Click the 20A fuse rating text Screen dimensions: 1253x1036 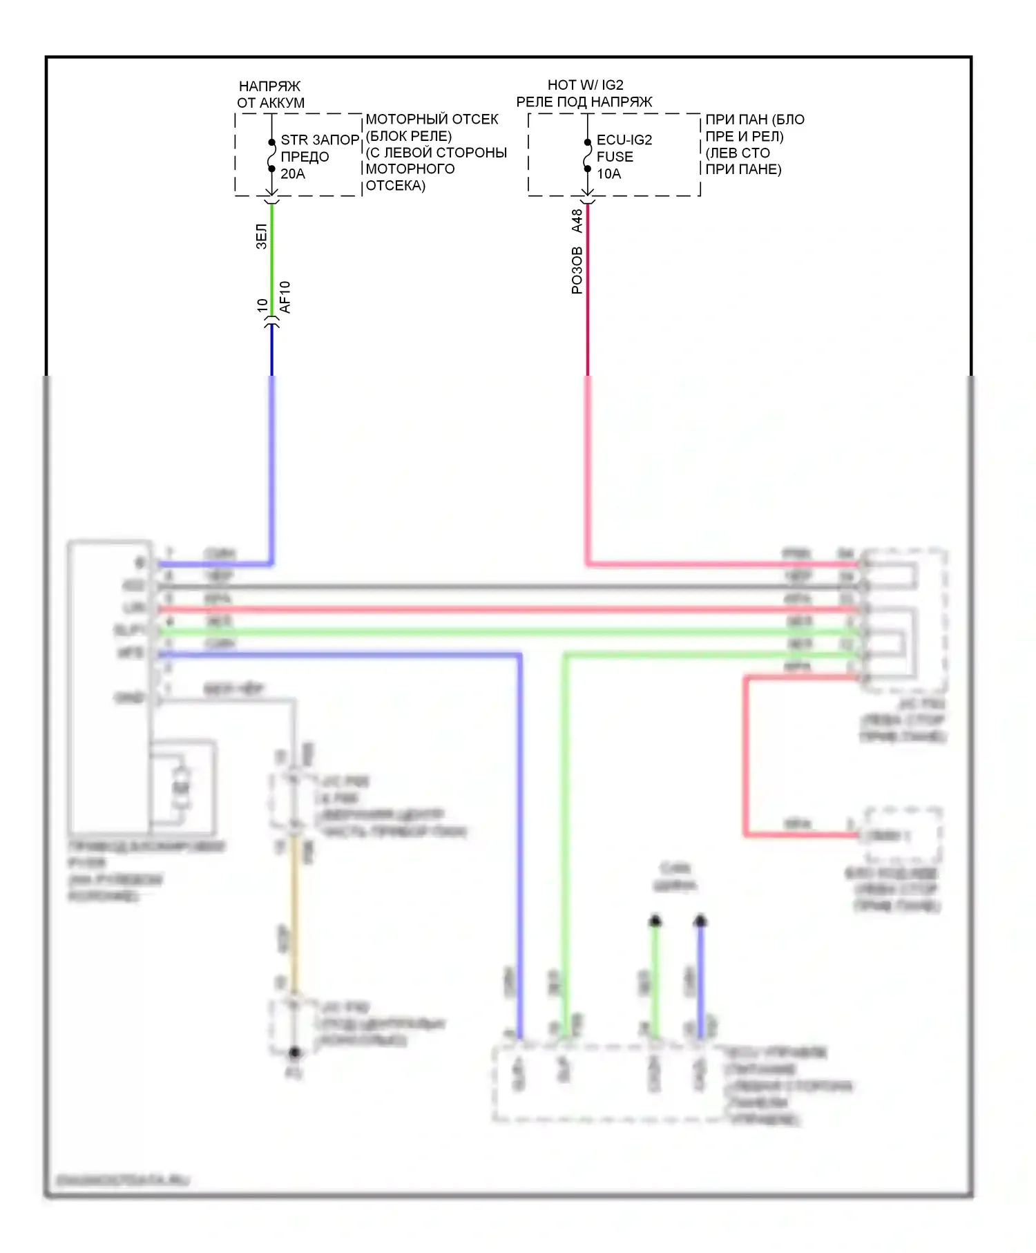[x=293, y=174]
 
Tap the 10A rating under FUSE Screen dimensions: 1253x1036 [x=608, y=174]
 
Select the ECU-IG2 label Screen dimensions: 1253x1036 [x=624, y=140]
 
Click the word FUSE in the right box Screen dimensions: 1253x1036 [x=615, y=157]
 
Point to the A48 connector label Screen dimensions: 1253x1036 [x=577, y=220]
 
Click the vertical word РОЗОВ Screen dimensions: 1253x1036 [x=577, y=271]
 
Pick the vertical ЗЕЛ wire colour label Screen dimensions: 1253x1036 [x=262, y=236]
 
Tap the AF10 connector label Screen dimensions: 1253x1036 [x=285, y=298]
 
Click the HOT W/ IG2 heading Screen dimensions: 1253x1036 [x=585, y=85]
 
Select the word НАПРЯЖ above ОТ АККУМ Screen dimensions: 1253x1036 [x=269, y=86]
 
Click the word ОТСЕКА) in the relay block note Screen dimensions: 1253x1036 [x=395, y=186]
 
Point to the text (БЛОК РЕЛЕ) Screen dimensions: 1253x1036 [x=408, y=136]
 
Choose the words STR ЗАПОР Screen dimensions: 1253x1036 [x=320, y=140]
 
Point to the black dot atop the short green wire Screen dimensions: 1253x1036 [x=655, y=921]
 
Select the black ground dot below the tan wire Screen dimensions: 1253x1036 [x=295, y=1053]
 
